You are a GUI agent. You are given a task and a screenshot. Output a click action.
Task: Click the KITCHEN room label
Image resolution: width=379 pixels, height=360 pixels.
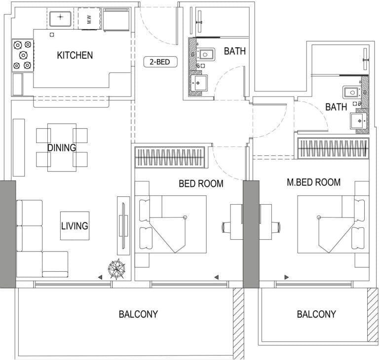coord(75,55)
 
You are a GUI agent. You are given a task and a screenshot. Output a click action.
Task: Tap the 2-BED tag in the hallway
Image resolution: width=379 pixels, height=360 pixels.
coord(160,63)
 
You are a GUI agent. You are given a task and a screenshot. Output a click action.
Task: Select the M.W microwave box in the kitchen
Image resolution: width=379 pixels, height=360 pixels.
coord(89,19)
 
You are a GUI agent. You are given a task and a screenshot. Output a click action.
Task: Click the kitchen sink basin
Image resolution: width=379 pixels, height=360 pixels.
coord(60,19)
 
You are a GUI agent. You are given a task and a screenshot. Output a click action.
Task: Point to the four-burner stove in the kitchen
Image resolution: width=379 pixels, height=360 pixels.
coord(22,54)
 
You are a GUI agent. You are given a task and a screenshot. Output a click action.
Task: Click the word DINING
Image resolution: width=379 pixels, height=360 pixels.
coord(62,147)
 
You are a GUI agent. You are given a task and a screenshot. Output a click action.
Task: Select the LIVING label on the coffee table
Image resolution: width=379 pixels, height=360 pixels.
coord(75,226)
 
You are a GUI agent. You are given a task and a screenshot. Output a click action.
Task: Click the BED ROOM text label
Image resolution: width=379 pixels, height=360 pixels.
coord(201,184)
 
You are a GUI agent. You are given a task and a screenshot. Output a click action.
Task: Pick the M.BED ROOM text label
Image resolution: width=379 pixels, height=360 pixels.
coord(313,182)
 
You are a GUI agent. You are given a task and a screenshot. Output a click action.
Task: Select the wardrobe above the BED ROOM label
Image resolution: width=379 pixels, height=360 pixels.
coord(170,157)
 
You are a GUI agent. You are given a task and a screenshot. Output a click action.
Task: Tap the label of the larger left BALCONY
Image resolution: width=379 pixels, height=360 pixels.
coord(138,314)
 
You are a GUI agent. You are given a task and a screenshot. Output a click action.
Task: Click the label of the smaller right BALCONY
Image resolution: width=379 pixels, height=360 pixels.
coord(316,314)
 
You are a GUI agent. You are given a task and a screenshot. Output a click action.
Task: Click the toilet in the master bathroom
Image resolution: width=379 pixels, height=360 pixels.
coord(351,92)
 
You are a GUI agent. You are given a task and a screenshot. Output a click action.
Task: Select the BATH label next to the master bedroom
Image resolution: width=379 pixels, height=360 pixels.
coord(336,107)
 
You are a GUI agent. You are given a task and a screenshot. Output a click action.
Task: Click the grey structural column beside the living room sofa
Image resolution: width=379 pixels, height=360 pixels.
coord(8,234)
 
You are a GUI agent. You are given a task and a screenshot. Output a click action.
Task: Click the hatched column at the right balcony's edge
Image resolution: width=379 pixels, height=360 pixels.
coord(372,313)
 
